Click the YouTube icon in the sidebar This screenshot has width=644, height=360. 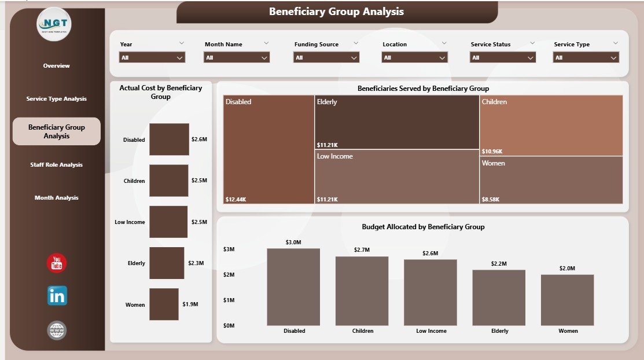[57, 263]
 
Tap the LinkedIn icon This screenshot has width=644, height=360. [57, 296]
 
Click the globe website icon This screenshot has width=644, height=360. [57, 330]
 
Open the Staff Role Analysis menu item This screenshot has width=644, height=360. [56, 165]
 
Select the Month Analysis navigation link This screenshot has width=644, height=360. [56, 198]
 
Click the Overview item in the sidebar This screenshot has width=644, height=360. [56, 66]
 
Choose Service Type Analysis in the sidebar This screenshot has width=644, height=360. [56, 99]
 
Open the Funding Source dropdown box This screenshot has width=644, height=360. [326, 58]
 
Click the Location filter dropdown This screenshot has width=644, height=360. [414, 58]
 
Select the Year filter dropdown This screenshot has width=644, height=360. [152, 58]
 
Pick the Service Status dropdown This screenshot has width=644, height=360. [502, 58]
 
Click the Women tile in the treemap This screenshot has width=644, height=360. [551, 180]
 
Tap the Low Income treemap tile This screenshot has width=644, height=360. [397, 177]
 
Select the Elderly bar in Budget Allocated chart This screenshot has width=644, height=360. [499, 297]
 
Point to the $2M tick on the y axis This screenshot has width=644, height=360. [229, 274]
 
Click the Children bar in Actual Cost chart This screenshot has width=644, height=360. [169, 181]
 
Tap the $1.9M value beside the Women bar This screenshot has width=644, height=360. [190, 304]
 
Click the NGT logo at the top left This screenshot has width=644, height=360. [54, 24]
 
